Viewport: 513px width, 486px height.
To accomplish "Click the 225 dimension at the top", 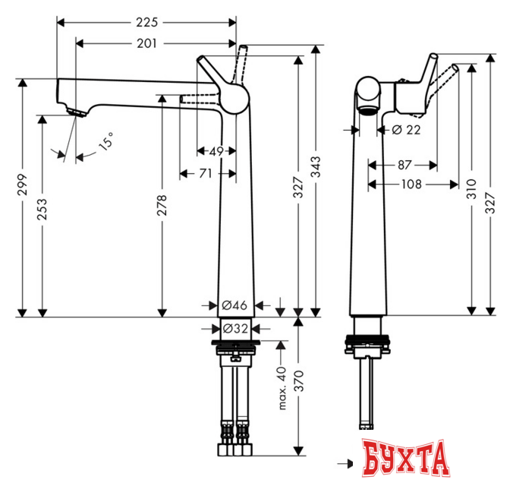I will coord(146,21).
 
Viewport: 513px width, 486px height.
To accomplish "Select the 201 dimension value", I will coord(147,43).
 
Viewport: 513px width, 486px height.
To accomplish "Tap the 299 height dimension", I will coord(23,186).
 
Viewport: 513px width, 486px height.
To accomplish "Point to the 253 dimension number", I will coord(42,208).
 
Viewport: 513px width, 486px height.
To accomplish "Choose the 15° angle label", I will coord(107,140).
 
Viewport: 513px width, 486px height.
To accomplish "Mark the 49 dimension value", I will coord(216,151).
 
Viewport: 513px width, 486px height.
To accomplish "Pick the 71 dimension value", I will coord(205,174).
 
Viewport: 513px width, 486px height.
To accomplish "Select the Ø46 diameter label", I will coord(234,305).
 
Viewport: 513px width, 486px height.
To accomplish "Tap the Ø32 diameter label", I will coord(234,328).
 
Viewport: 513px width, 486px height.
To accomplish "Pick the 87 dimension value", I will coord(403,163).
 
